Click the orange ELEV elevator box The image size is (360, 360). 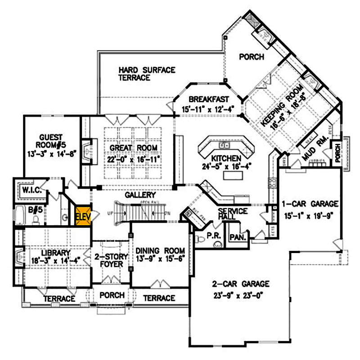[83, 216]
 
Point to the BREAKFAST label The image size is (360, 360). [208, 99]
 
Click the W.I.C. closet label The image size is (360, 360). [32, 191]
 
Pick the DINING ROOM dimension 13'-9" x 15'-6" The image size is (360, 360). [161, 259]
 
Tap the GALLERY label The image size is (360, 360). [140, 195]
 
